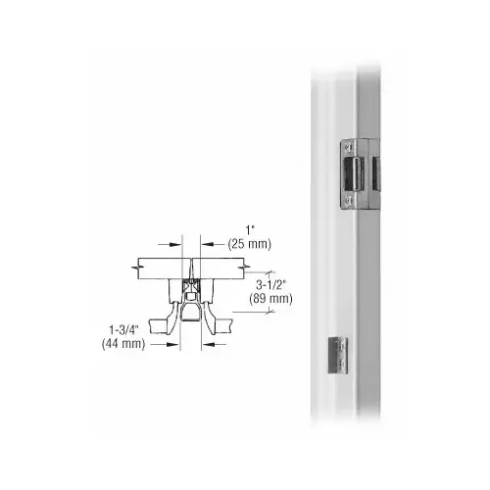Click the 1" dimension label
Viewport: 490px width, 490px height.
pos(250,230)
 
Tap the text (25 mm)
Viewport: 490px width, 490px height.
pos(250,244)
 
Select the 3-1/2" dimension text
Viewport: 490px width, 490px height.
pos(271,285)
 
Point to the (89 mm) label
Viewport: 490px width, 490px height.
pos(270,299)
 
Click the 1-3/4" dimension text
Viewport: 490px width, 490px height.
pos(123,330)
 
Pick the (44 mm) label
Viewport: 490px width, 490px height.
pos(123,344)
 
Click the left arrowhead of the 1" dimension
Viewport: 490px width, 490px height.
pos(175,244)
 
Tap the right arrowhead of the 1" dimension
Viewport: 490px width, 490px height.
pos(207,244)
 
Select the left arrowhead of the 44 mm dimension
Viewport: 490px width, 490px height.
pos(173,344)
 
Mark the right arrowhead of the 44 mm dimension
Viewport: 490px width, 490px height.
pos(208,344)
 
